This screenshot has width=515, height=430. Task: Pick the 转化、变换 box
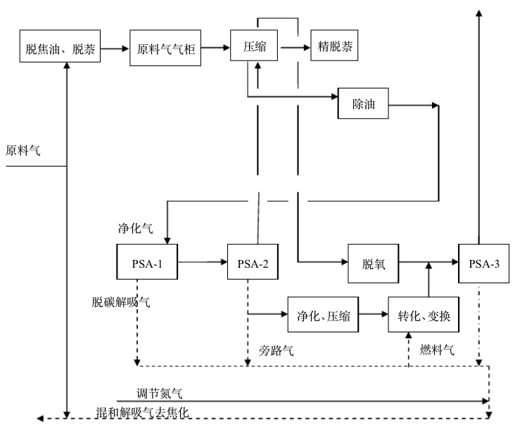pos(424,314)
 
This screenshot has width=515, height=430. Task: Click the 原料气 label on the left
pos(23,150)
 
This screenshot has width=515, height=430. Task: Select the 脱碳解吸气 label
pos(120,301)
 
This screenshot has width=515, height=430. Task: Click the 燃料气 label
pos(438,349)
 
